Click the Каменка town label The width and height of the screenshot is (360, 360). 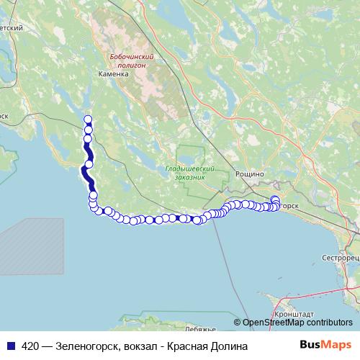coord(114,73)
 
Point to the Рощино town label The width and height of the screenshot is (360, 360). coord(251,174)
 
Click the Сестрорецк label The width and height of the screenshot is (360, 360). coord(340,257)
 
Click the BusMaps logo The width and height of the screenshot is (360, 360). coord(325,346)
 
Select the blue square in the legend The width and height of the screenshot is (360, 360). coord(10,346)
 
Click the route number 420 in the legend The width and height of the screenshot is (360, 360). coord(31,346)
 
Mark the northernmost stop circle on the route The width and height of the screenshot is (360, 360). coord(88,120)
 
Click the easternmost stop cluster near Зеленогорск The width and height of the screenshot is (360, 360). coord(274,204)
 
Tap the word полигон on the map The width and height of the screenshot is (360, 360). coord(130,65)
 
